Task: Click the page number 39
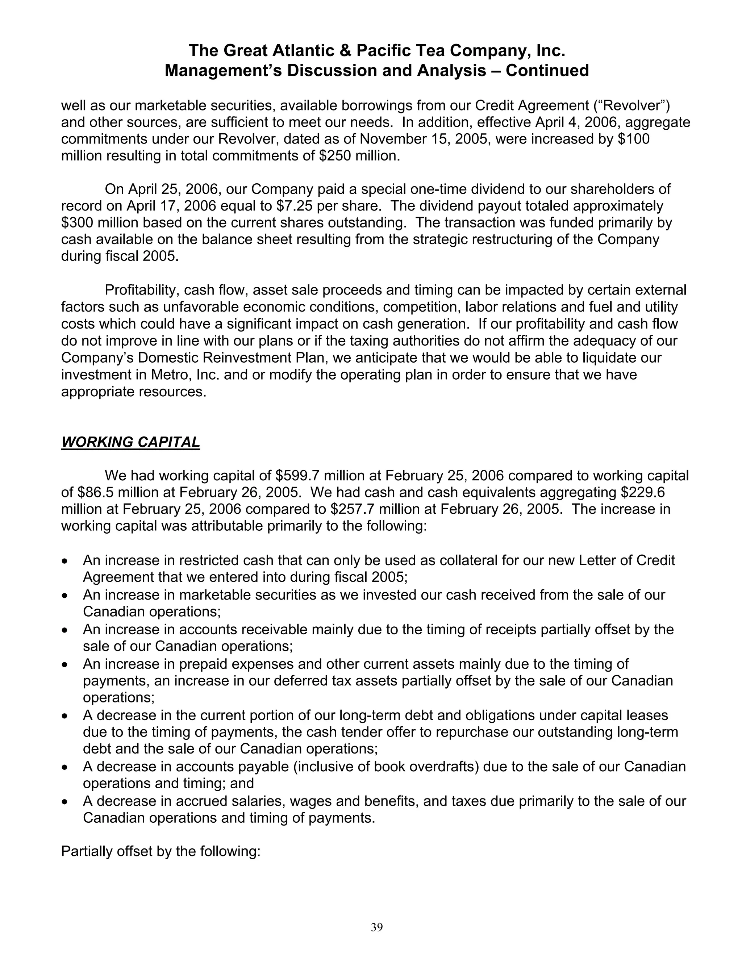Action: point(377,927)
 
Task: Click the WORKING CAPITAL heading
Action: point(130,442)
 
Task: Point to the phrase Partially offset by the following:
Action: point(161,851)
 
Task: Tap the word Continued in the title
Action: point(547,70)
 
